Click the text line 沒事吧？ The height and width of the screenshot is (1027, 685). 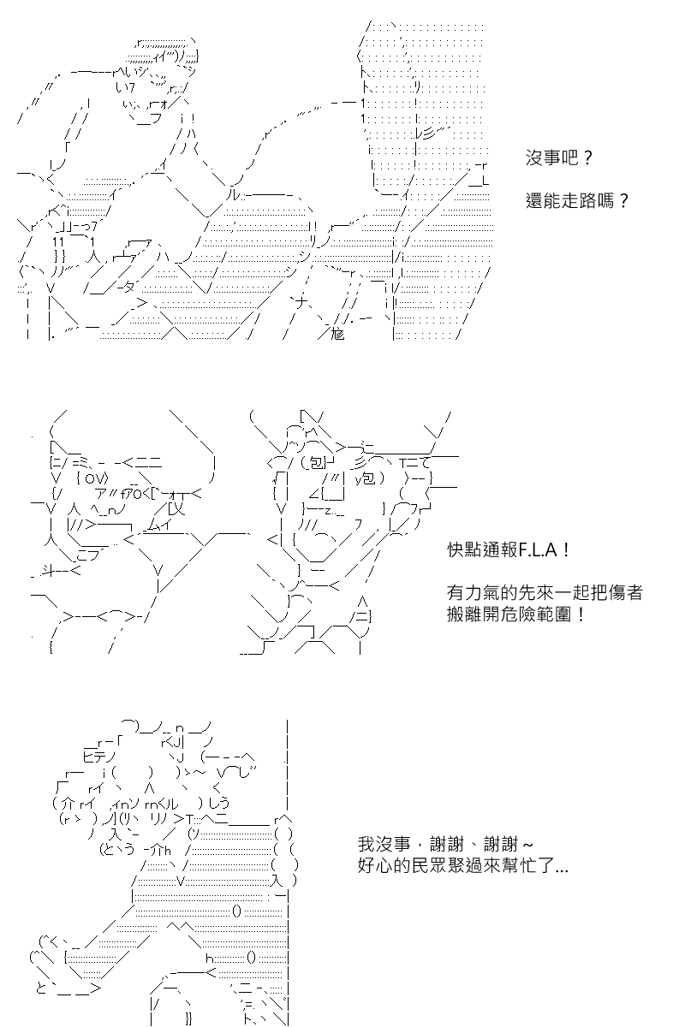tap(559, 158)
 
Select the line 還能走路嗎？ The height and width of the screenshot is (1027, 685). tap(577, 200)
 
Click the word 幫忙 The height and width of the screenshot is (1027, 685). tap(517, 866)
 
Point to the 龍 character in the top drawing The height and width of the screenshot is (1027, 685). tap(337, 334)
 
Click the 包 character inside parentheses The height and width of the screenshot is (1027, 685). tap(316, 464)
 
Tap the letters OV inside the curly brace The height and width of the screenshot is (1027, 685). tap(95, 478)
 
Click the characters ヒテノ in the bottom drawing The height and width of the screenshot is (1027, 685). tap(99, 756)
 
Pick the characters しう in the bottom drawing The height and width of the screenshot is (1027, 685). tap(219, 803)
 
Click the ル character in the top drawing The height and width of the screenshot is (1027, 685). tap(233, 195)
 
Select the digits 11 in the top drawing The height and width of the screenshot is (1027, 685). tap(58, 241)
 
